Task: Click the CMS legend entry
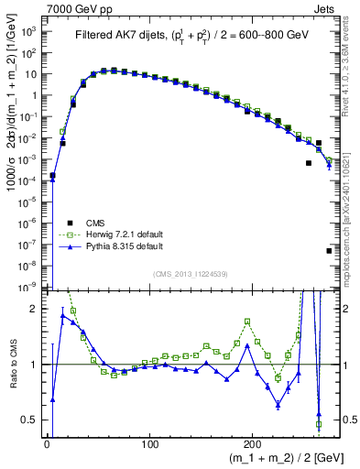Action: pyautogui.click(x=94, y=223)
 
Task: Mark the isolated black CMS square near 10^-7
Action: pyautogui.click(x=329, y=250)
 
